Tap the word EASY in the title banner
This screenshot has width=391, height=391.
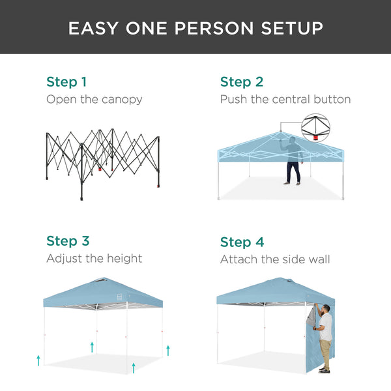pos(95,28)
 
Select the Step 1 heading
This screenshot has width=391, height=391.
pos(66,82)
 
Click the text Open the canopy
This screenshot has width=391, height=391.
pos(94,100)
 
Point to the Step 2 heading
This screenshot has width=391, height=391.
pos(242,82)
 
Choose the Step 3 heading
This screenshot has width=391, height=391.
pos(67,242)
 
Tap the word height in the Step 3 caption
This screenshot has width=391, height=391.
pos(122,259)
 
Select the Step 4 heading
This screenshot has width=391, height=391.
pos(242,242)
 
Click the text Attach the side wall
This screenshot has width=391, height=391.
pos(274,259)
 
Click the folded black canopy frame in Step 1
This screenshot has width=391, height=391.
pos(103,160)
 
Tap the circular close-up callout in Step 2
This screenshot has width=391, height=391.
pos(315,128)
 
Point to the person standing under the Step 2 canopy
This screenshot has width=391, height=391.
pos(293,160)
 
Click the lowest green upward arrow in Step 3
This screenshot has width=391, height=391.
pos(134,368)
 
